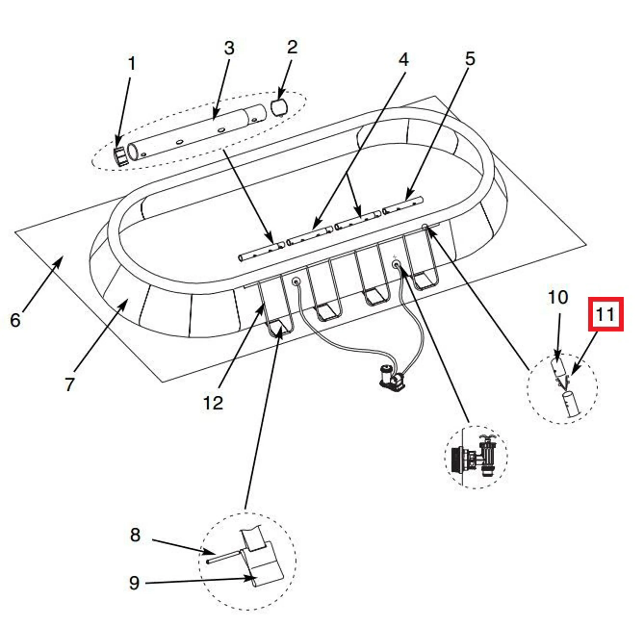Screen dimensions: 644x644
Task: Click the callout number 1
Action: click(132, 64)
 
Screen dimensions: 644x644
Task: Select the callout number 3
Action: click(229, 48)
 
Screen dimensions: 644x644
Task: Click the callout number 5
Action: click(470, 59)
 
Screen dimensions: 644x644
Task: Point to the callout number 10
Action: click(558, 297)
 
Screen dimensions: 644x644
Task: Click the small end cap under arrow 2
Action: click(279, 107)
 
